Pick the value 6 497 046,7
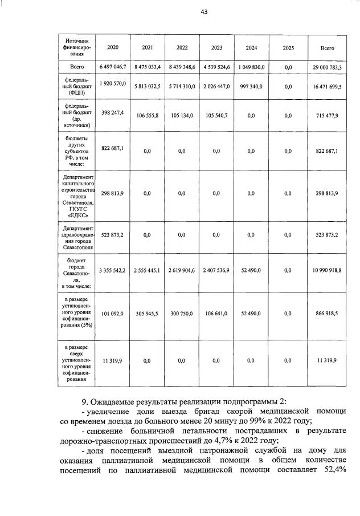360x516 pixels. pos(112,67)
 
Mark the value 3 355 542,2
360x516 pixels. pos(112,270)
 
